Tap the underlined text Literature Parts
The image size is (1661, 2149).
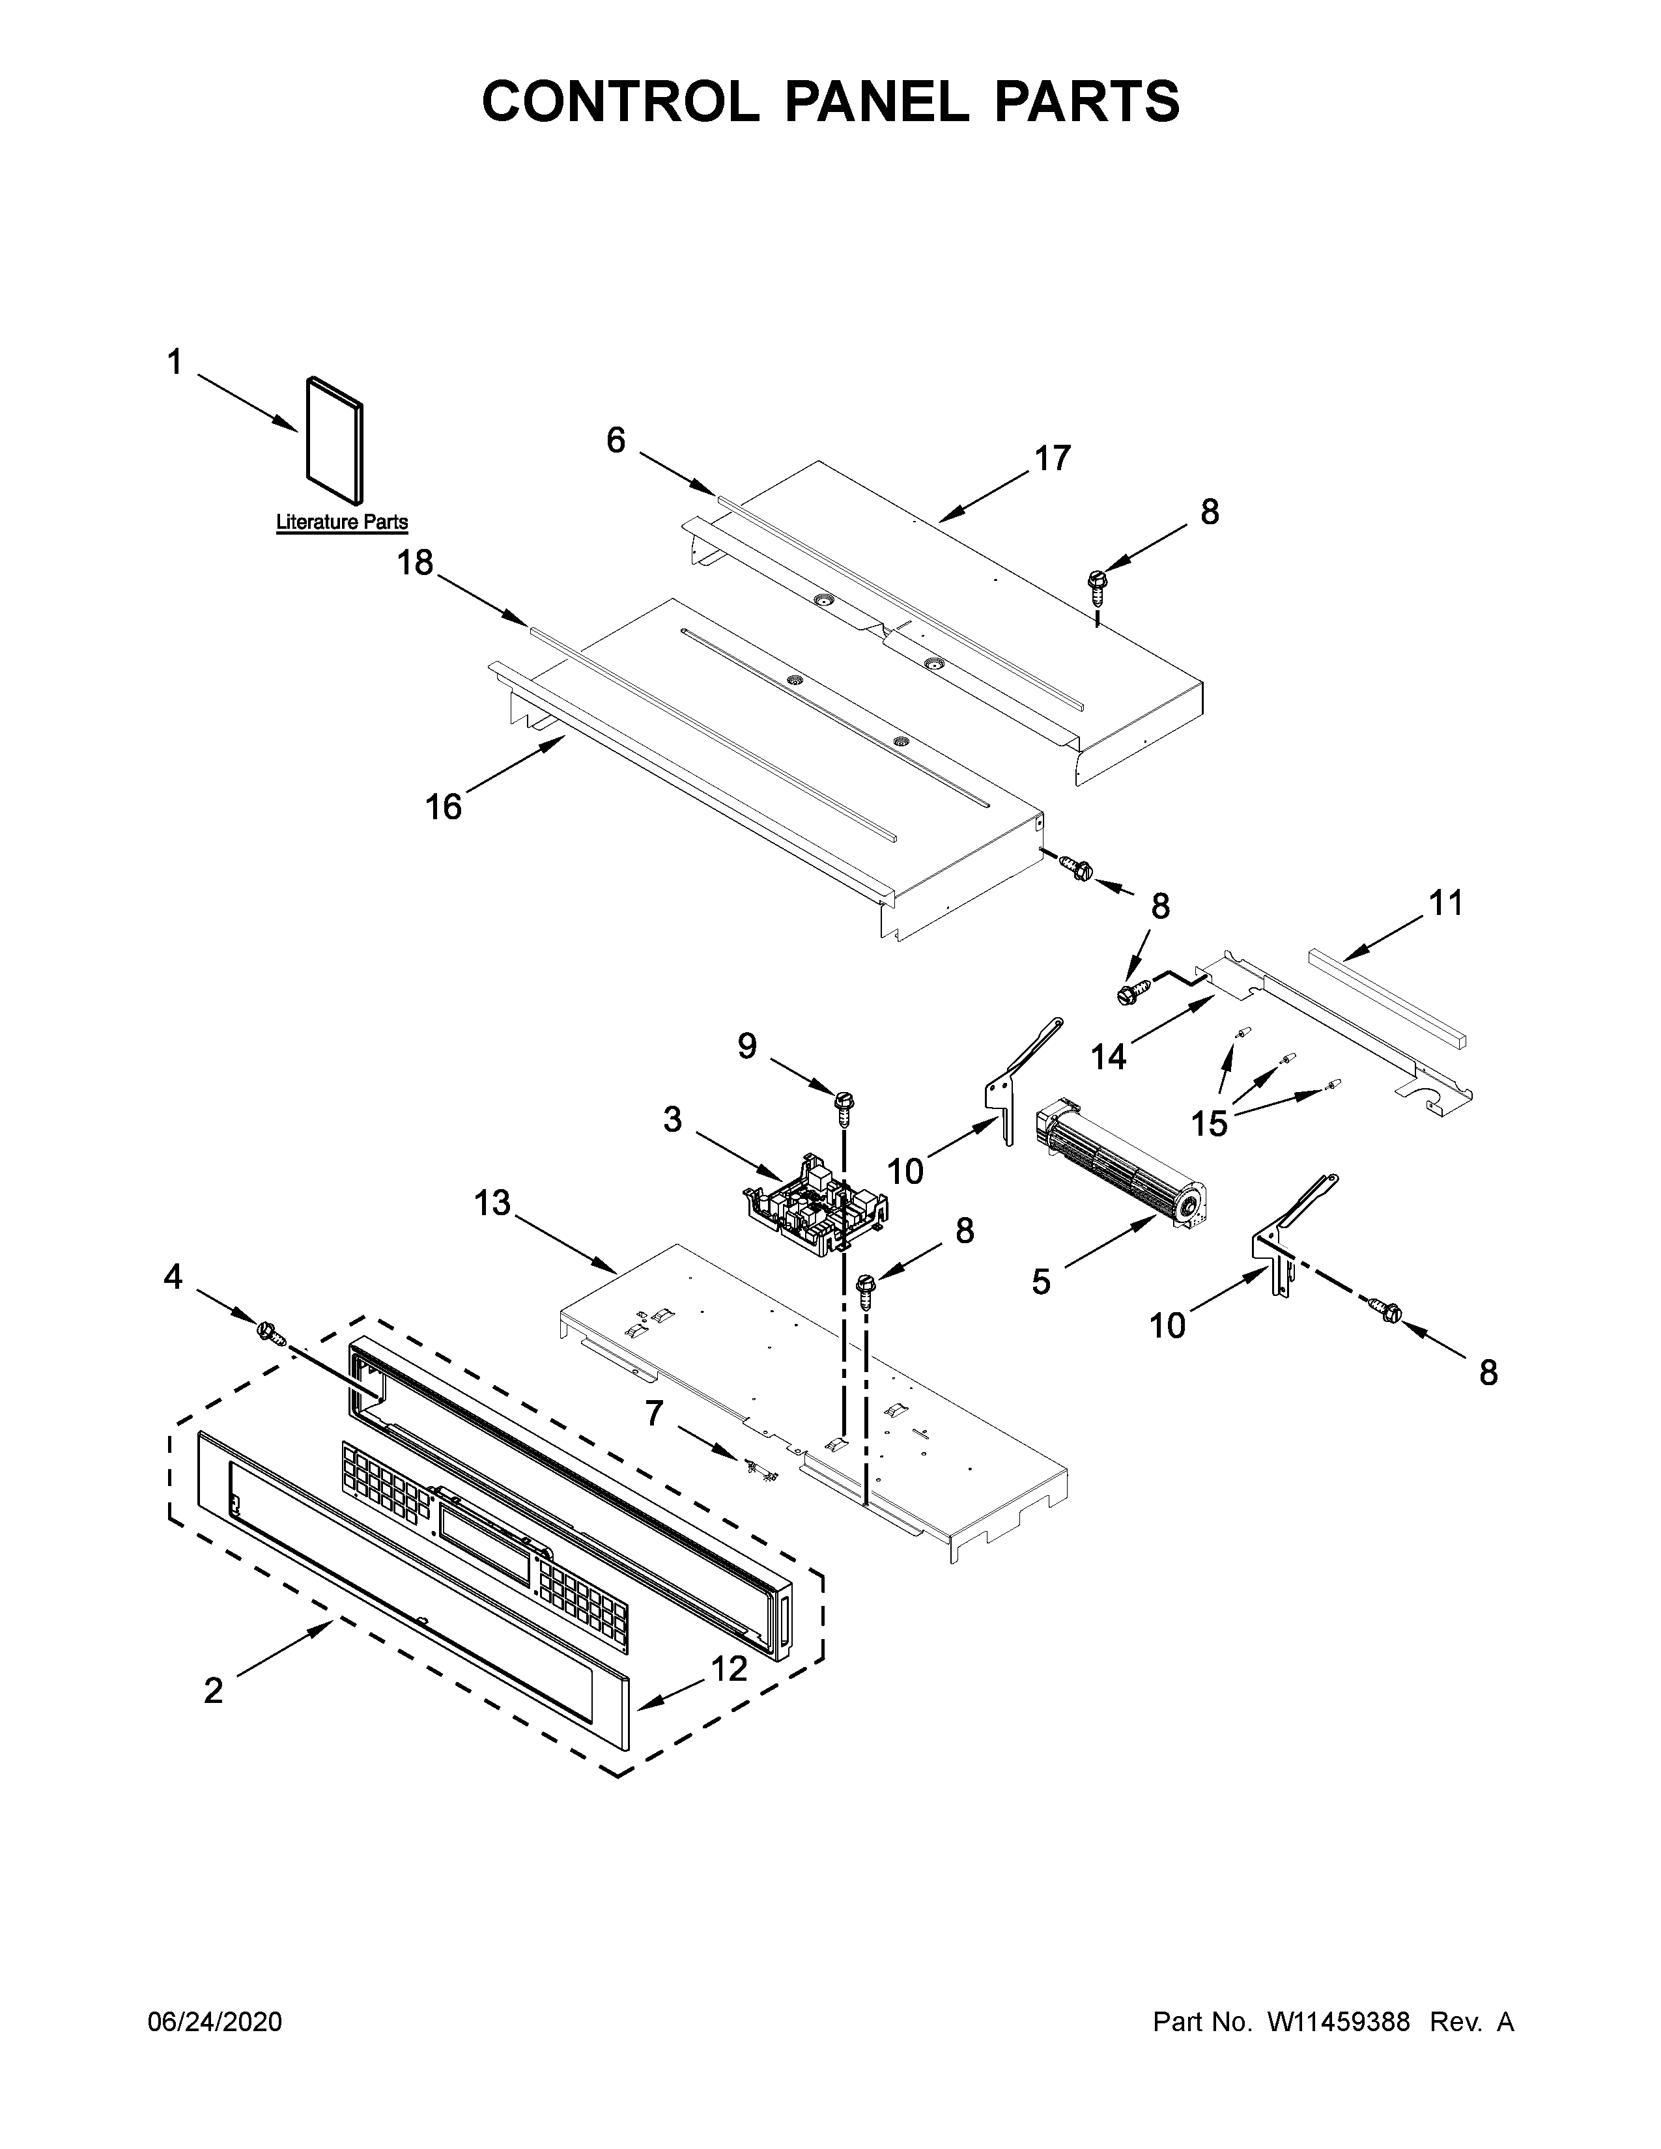[341, 522]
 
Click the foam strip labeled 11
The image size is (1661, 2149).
[1387, 996]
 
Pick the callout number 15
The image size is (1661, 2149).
[1210, 1123]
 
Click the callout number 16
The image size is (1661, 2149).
[444, 807]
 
